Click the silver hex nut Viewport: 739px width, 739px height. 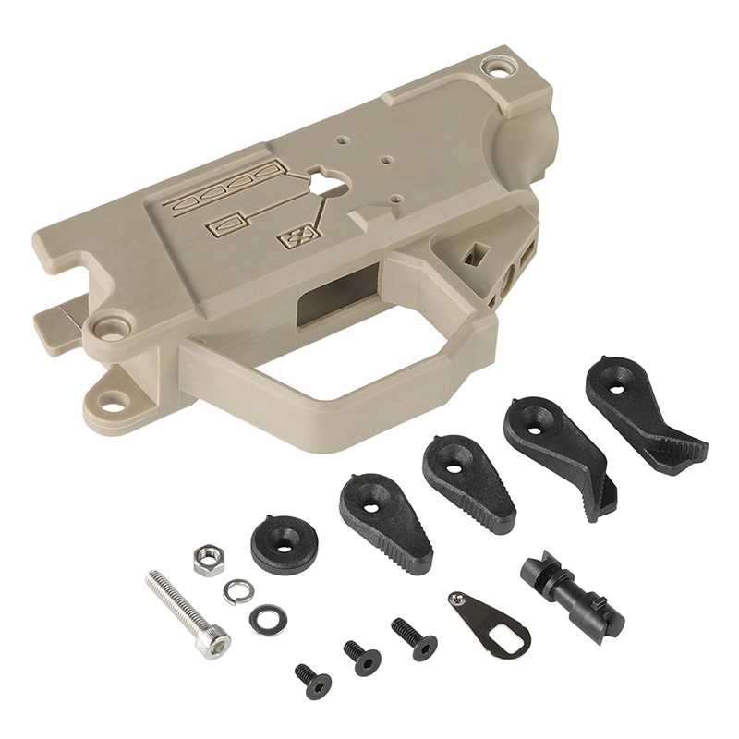pyautogui.click(x=210, y=559)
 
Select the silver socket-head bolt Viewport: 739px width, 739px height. pyautogui.click(x=188, y=613)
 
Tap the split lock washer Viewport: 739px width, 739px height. pyautogui.click(x=238, y=589)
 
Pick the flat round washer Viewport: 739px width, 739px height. pyautogui.click(x=267, y=619)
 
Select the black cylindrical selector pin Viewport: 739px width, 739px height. pyautogui.click(x=570, y=591)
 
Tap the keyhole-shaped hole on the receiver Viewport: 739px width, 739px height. pyautogui.click(x=321, y=183)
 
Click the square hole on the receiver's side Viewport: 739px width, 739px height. pyautogui.click(x=478, y=251)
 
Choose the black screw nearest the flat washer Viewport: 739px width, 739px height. pyautogui.click(x=313, y=681)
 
